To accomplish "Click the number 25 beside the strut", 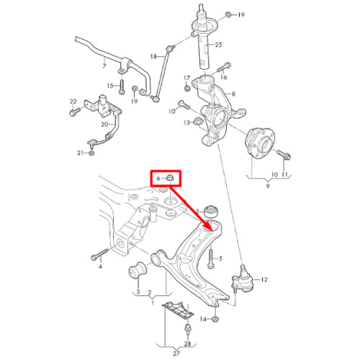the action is coord(218,45).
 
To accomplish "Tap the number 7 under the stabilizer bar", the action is coord(104,66).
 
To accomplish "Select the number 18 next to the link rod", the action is coord(153,57).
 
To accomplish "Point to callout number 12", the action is coord(264,279).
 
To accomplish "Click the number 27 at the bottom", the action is coord(176,354).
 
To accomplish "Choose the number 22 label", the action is coord(73,102).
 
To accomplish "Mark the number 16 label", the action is coord(224,77).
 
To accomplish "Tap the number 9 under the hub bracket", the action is coord(268,186).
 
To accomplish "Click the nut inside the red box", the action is coord(171,178).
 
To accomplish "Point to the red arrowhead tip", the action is coord(212,231).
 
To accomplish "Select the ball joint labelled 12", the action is coord(242,279).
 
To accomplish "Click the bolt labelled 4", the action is coord(100,254).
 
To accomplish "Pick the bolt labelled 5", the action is coord(211,259).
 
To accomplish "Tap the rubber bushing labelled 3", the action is coord(138,271).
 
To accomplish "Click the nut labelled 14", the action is coord(215,319).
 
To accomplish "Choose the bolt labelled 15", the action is coord(122,87).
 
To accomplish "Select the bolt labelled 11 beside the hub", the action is coord(284,154).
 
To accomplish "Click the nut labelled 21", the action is coord(91,153).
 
